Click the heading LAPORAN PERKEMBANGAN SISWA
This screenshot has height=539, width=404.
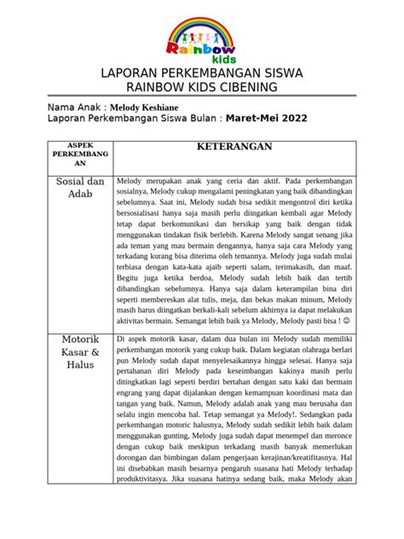coord(201,74)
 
